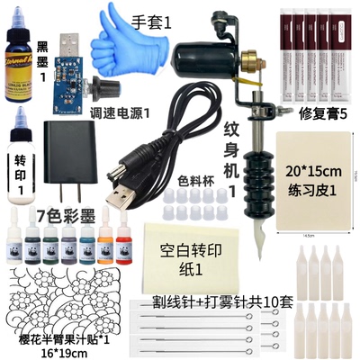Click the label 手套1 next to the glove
click(154, 20)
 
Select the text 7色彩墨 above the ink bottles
click(66, 215)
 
